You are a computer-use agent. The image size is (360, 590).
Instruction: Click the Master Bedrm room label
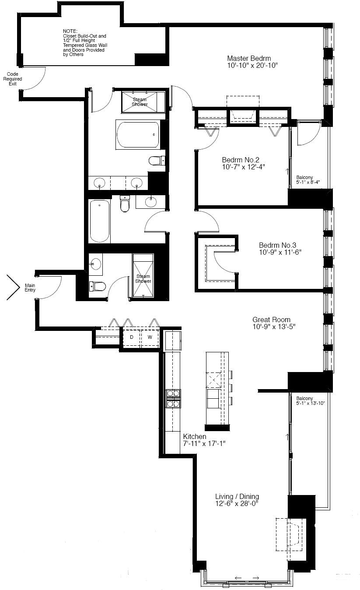point(249,58)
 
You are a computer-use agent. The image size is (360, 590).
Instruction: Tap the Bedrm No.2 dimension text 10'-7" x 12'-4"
point(243,167)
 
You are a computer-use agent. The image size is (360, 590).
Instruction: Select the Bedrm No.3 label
point(277,245)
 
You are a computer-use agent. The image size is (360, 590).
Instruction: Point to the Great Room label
point(271,320)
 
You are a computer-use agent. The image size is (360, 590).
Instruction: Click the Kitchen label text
point(195,436)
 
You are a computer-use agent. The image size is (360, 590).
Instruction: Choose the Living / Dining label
point(237,496)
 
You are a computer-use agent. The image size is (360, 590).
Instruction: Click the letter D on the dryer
point(132,337)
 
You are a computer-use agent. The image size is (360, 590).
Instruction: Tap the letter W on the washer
point(150,337)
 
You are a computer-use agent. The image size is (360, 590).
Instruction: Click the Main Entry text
point(30,288)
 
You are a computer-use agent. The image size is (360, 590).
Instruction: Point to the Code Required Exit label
point(13,79)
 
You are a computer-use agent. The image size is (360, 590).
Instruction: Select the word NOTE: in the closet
point(70,31)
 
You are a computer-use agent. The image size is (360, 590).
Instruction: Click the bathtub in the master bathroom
point(138,135)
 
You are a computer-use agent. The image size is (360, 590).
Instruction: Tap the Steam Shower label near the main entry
point(143,278)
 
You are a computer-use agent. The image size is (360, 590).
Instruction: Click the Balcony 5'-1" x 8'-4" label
point(308,179)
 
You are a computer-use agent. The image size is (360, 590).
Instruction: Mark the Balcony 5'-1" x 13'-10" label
point(311,400)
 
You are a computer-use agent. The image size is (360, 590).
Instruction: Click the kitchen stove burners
point(173,399)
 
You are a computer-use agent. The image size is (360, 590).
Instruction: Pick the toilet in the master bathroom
point(157,160)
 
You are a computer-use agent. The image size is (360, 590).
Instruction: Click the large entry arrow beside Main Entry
point(13,288)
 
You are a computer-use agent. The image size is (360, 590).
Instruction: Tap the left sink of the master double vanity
point(99,182)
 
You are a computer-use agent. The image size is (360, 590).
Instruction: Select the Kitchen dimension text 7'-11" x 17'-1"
point(204,443)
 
